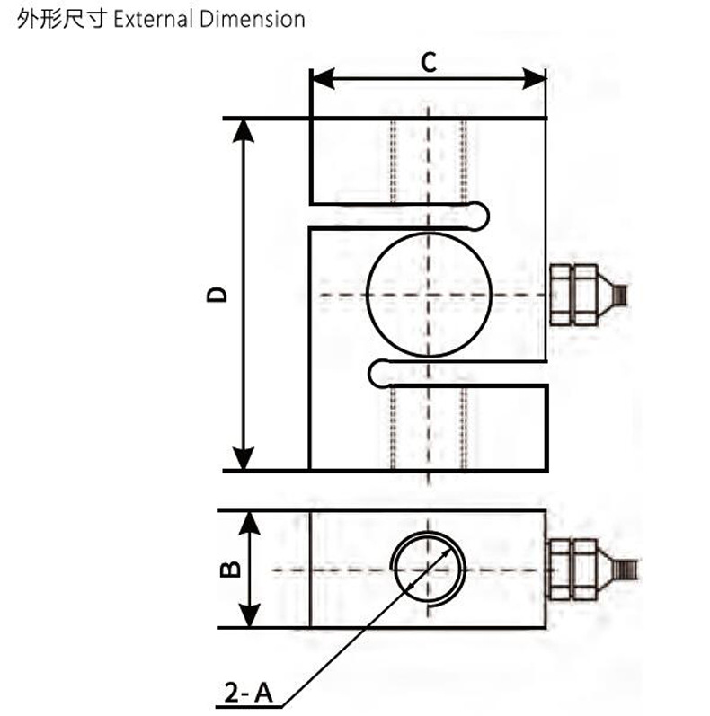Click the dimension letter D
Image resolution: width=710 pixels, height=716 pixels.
pyautogui.click(x=217, y=295)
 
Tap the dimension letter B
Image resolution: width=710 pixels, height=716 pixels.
pyautogui.click(x=229, y=569)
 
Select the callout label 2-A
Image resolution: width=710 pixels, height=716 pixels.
pyautogui.click(x=245, y=692)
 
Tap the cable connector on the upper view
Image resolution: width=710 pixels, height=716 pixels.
pyautogui.click(x=584, y=295)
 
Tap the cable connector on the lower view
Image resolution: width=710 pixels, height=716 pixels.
pyautogui.click(x=584, y=570)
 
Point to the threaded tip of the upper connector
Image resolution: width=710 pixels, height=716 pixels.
pyautogui.click(x=621, y=295)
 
